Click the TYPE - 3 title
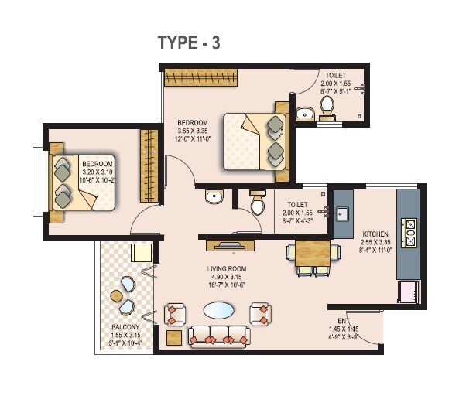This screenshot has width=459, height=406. point(190,43)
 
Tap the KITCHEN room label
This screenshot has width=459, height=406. point(375,233)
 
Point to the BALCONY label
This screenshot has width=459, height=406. point(124,327)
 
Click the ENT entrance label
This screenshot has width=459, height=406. point(344,321)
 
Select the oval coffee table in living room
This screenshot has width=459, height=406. point(221,310)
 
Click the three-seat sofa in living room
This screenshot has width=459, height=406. point(218,336)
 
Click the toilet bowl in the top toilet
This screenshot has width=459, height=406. point(327,107)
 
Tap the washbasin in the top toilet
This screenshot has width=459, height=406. point(305,114)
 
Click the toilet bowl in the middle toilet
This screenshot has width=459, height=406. point(258,205)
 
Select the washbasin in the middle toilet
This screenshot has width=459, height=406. point(214,198)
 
